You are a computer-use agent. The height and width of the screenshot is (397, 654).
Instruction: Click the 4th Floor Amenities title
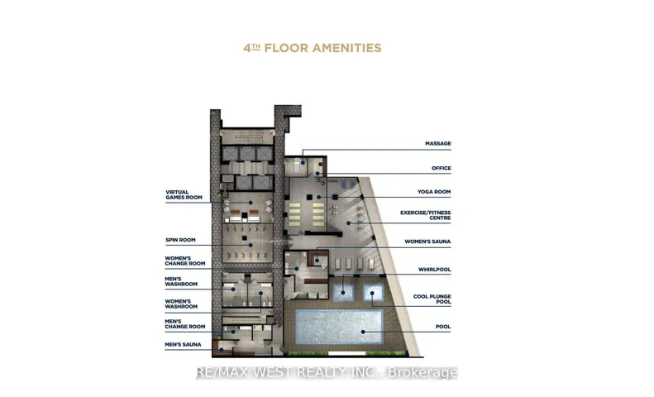313,48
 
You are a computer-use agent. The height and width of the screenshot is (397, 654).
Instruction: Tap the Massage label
438,143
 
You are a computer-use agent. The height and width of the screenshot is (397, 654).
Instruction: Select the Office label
442,168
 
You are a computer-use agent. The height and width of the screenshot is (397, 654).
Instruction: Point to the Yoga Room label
434,192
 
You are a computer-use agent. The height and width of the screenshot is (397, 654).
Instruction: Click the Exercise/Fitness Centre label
426,215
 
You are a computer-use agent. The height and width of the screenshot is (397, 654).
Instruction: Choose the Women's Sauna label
427,242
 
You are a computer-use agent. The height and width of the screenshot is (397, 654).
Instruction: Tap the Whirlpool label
435,270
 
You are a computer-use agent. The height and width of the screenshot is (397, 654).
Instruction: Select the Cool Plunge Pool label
432,299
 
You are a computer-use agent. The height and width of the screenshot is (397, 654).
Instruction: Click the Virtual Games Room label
184,194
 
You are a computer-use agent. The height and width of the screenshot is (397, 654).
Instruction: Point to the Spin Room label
180,240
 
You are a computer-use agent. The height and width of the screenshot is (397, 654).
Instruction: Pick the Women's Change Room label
185,261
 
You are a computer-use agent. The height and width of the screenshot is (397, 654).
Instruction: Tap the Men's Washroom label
181,281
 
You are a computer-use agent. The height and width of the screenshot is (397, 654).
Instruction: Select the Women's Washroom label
181,304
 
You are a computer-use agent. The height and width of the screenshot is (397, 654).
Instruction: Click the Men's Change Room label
185,324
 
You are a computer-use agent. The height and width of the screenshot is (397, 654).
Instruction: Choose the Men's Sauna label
183,344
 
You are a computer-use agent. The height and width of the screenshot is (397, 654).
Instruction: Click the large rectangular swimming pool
339,327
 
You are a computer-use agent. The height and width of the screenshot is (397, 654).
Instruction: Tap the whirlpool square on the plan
343,292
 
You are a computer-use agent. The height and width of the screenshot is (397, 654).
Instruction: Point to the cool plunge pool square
373,292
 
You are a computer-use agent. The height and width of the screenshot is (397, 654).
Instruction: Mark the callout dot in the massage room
303,163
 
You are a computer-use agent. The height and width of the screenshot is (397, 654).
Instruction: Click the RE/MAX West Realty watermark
327,372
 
